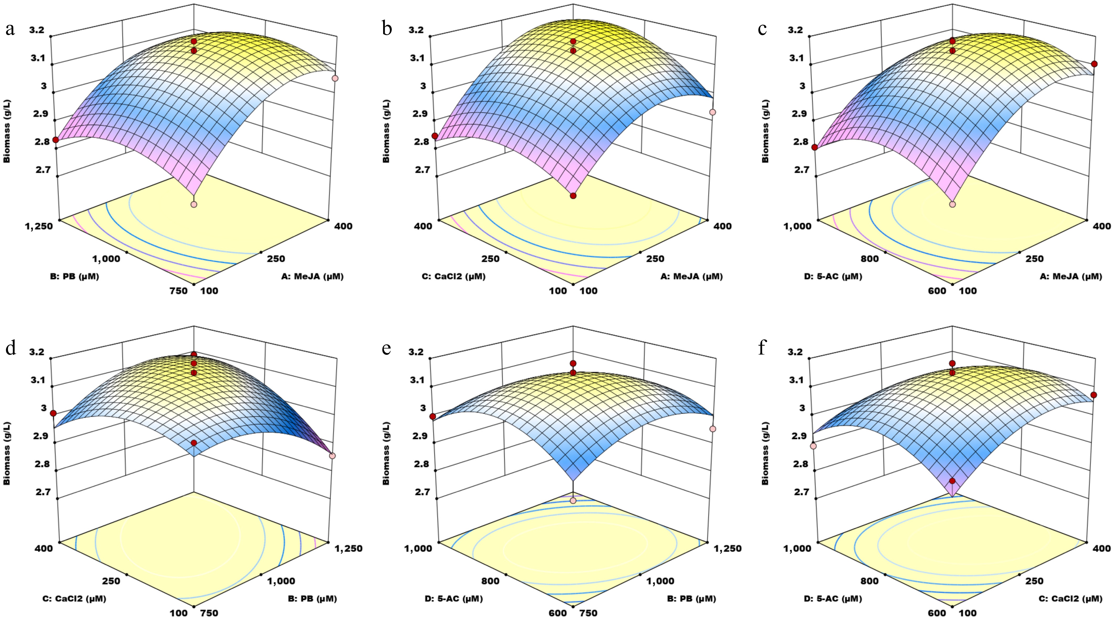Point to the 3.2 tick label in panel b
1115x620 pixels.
[x=417, y=30]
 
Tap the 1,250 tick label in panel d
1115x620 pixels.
[x=348, y=549]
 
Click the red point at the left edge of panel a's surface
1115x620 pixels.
[x=55, y=139]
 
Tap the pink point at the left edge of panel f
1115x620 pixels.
[x=813, y=446]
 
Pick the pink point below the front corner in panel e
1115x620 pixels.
[x=573, y=501]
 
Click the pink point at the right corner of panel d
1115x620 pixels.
[x=333, y=456]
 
